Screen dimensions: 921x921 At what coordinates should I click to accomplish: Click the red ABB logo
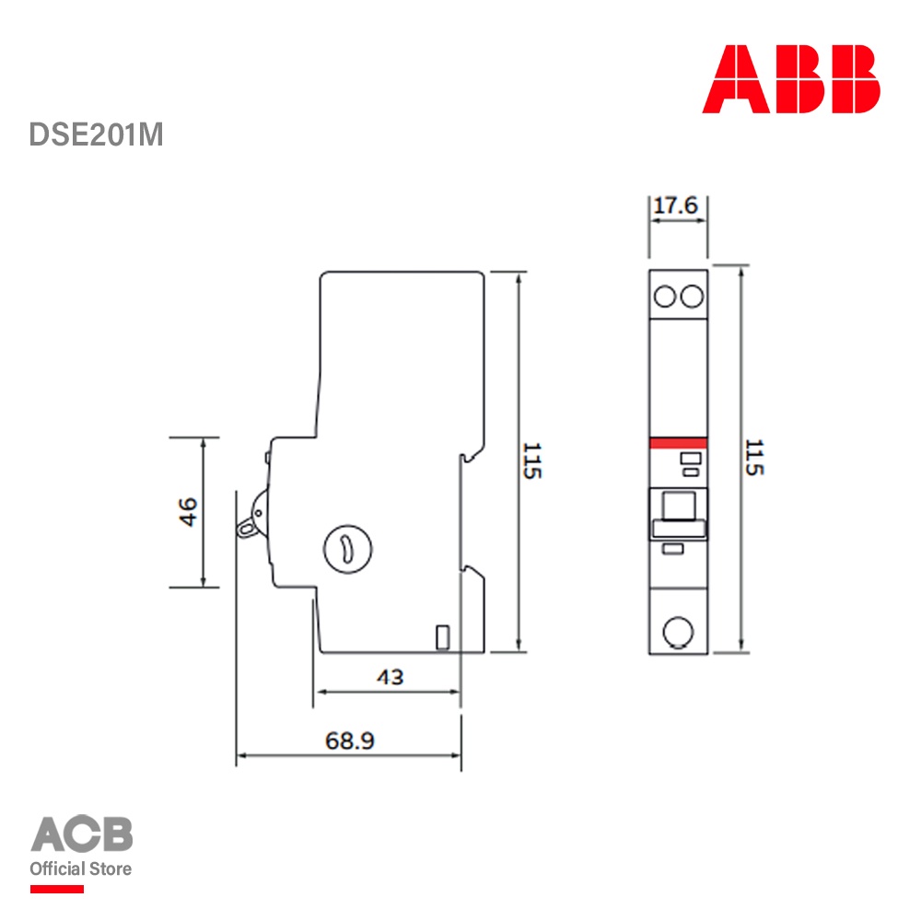[790, 78]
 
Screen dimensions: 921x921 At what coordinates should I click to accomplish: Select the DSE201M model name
[97, 134]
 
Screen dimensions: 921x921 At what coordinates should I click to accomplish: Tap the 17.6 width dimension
[675, 205]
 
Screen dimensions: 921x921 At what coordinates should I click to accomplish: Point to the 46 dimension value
[188, 512]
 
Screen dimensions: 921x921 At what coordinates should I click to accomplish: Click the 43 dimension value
[390, 677]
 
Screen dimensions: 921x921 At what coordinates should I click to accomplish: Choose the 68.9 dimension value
[349, 740]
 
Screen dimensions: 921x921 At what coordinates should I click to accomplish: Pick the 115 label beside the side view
[532, 461]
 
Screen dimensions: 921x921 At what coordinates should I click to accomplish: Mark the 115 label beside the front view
[754, 457]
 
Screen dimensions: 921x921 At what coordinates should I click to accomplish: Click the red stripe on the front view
[679, 443]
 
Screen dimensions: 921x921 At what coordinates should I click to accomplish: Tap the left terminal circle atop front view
[665, 297]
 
